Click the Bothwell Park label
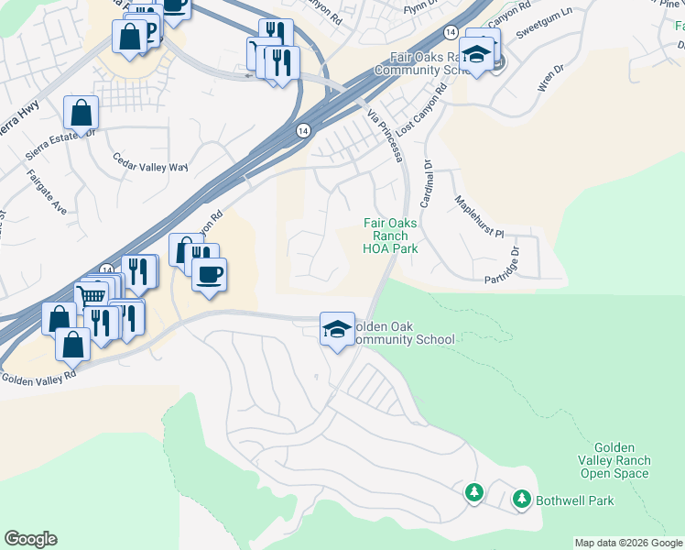[x=575, y=500]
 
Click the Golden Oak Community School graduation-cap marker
[x=336, y=328]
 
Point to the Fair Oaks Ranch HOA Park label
[x=390, y=236]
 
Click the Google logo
[x=30, y=539]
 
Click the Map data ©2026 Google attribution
[x=629, y=543]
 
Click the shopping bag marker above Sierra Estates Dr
[x=82, y=115]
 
